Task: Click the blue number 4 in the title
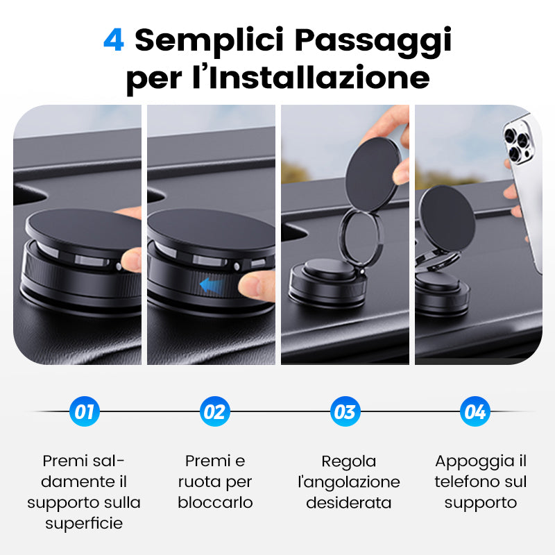pos(114,40)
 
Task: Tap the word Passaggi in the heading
pos(373,42)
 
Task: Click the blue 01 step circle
pos(84,411)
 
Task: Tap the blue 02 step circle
pos(214,411)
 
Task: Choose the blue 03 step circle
pos(345,411)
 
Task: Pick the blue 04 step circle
pos(475,411)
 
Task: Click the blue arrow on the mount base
pos(212,285)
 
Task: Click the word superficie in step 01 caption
pos(84,524)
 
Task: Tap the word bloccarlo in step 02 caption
pos(215,502)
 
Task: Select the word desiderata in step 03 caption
pos(349,502)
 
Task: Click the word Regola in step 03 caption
pos(349,461)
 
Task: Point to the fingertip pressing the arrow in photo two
pos(255,286)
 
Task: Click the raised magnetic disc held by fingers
pos(373,174)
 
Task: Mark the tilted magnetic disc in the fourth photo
pos(447,219)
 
